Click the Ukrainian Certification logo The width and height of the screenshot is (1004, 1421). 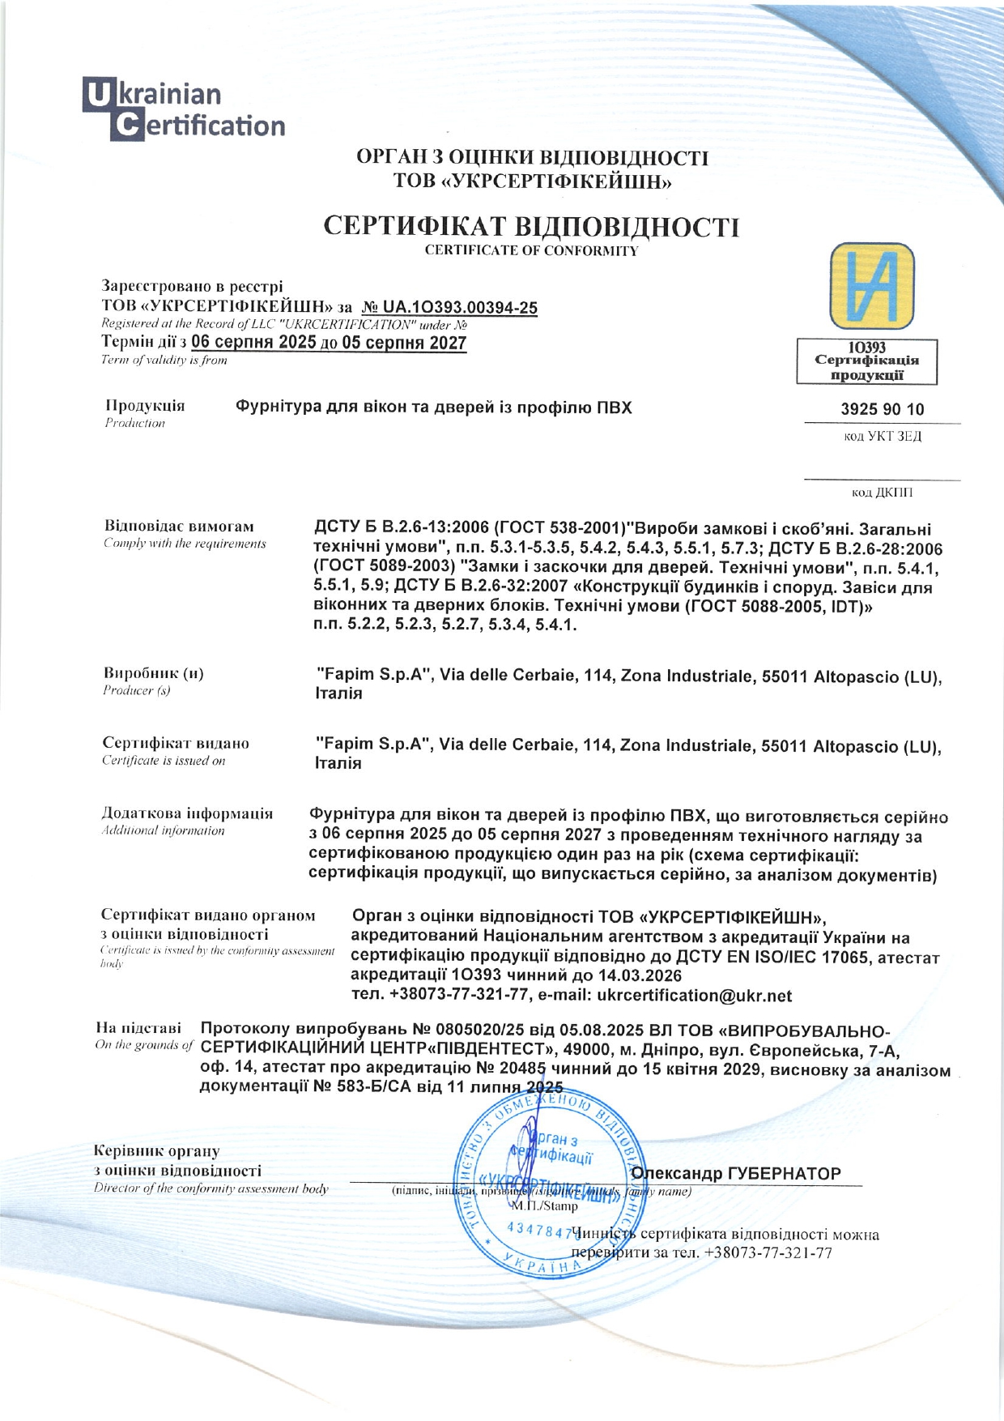click(x=184, y=109)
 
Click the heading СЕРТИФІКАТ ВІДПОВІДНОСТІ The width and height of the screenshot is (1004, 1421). click(x=531, y=226)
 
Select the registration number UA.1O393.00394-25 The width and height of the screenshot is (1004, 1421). click(x=449, y=308)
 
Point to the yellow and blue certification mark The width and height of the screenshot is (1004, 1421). click(x=871, y=286)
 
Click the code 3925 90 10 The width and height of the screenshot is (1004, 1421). click(x=882, y=409)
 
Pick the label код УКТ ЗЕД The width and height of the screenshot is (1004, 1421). click(x=883, y=437)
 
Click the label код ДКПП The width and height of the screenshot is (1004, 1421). click(x=883, y=493)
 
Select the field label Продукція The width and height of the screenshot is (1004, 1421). click(x=145, y=406)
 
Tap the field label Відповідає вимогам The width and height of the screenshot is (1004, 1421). click(x=179, y=526)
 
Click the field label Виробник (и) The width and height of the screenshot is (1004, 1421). click(x=153, y=673)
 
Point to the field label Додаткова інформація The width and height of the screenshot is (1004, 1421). click(x=187, y=813)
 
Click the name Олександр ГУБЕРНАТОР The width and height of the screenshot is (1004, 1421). click(x=735, y=1173)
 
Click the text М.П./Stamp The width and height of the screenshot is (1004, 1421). click(x=543, y=1206)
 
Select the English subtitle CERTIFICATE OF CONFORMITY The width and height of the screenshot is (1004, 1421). click(x=531, y=250)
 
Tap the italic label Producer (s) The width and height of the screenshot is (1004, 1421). click(x=137, y=690)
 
